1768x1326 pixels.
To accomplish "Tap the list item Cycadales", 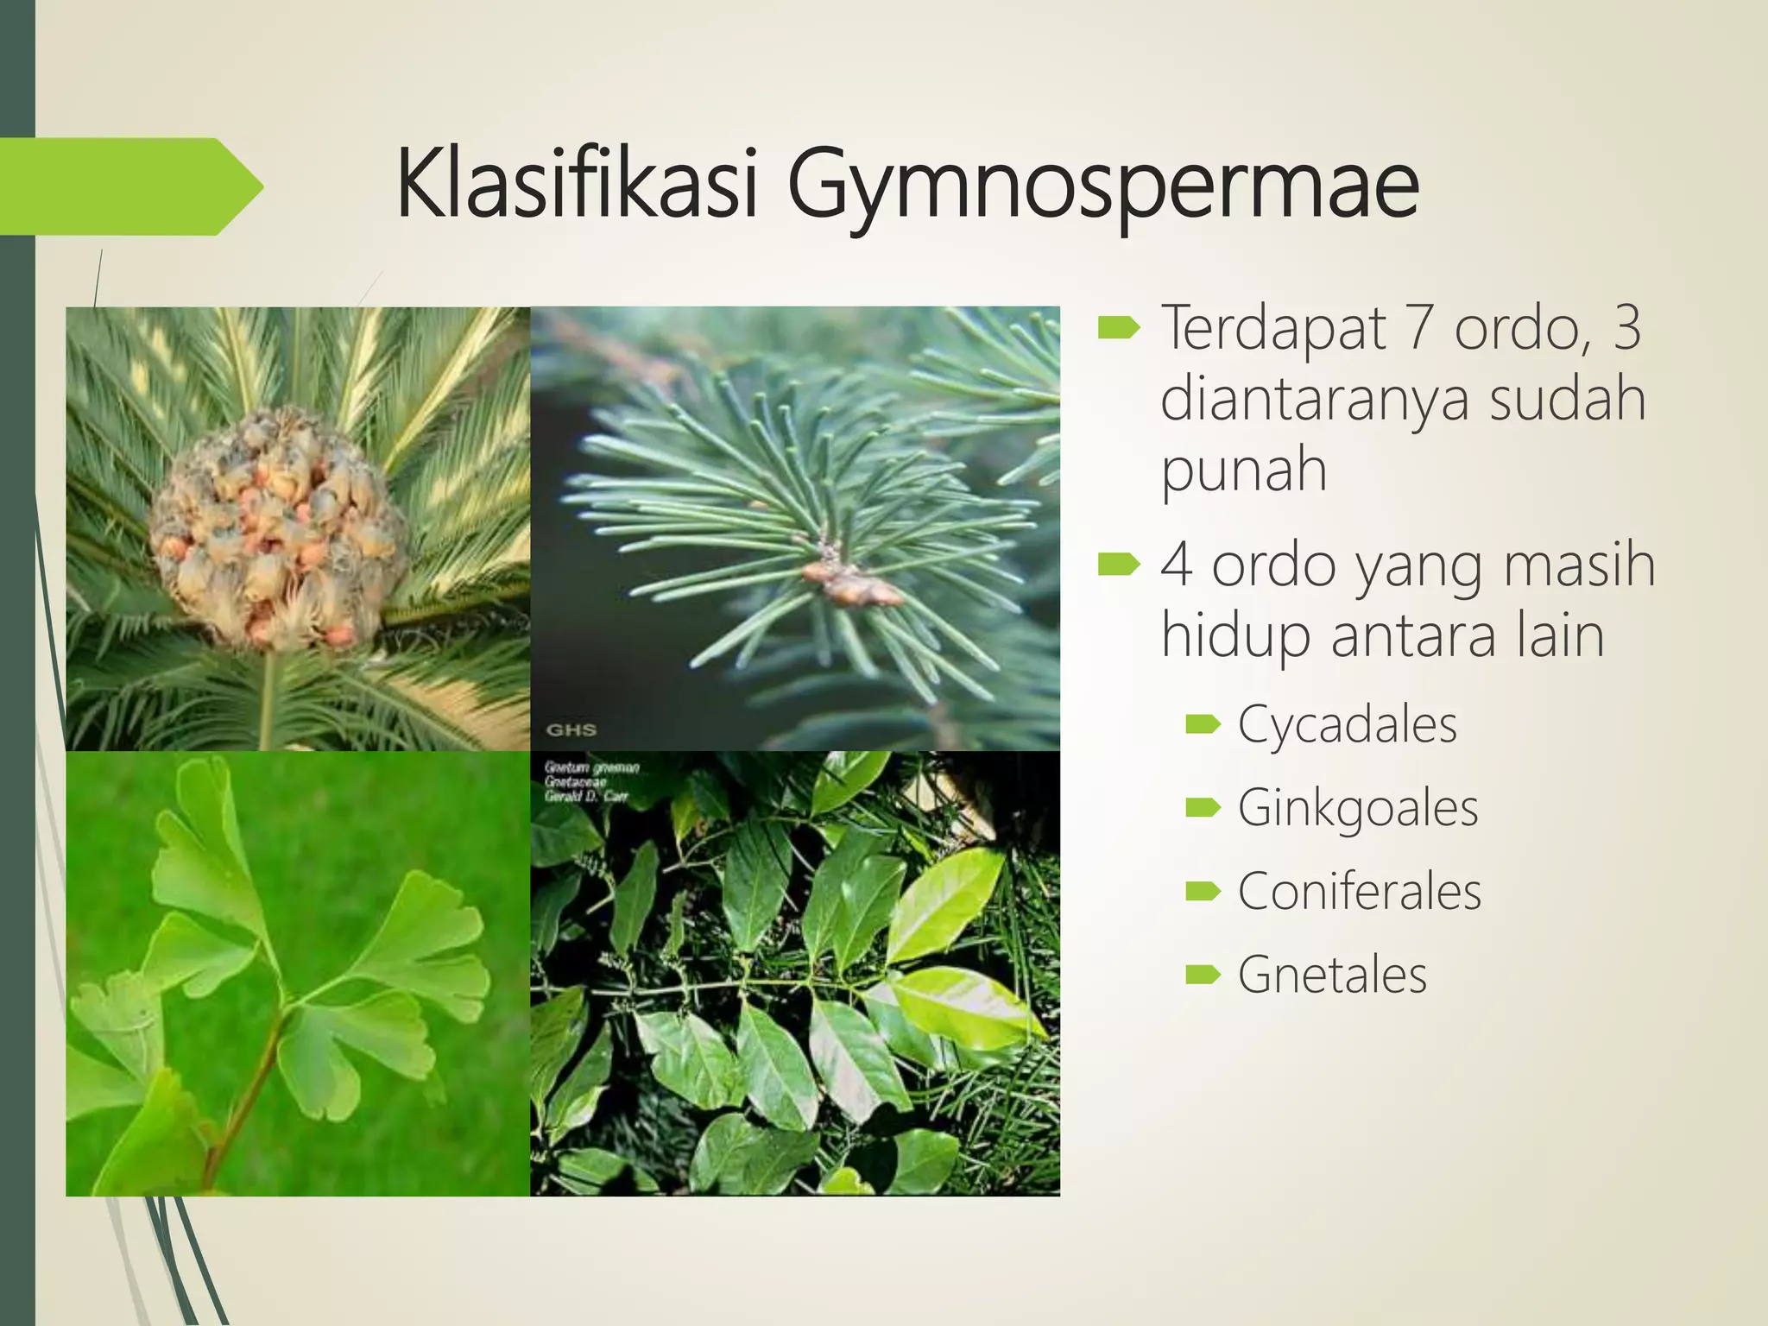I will [1347, 724].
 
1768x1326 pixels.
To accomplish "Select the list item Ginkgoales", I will [1357, 809].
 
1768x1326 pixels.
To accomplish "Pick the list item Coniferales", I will [1359, 892].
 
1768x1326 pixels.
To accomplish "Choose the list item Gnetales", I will [1331, 976].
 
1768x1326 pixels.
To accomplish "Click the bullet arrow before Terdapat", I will [1119, 328].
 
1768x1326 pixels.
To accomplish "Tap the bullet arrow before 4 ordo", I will [1119, 565].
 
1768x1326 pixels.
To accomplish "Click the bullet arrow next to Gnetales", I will [1203, 976].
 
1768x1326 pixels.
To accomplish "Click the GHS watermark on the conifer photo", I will [571, 729].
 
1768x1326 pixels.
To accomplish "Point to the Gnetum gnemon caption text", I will [591, 781].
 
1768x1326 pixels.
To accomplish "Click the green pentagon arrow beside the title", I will [129, 186].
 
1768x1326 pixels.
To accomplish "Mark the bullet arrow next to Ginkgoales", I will [1203, 808].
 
